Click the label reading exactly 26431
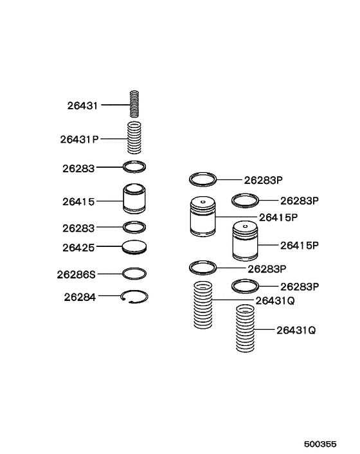[82, 105]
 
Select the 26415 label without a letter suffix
[78, 202]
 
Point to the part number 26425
[78, 246]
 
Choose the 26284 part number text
[78, 297]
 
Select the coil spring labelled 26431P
[134, 138]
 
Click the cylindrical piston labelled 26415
[135, 199]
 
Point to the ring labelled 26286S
[134, 273]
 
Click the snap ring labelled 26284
[134, 296]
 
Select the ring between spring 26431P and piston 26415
[134, 167]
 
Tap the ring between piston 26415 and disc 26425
[134, 227]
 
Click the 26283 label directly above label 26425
[78, 228]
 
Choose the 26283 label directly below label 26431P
[78, 168]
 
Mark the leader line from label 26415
[109, 201]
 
